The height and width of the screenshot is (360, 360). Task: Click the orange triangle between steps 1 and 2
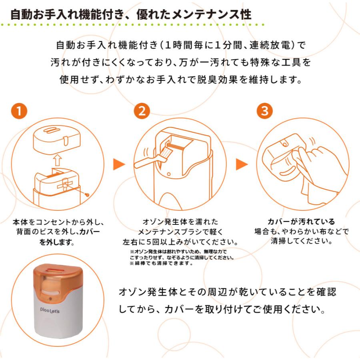119,164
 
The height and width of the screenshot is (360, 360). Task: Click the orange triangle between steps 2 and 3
242,164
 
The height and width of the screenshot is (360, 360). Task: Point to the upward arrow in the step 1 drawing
57,160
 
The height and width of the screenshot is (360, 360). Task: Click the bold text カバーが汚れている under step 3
301,222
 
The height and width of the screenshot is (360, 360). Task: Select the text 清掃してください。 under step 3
301,241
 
